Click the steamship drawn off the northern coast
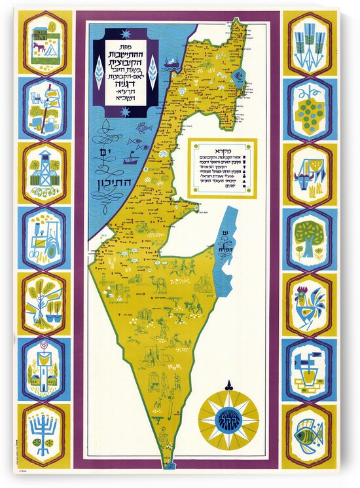point(172,63)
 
